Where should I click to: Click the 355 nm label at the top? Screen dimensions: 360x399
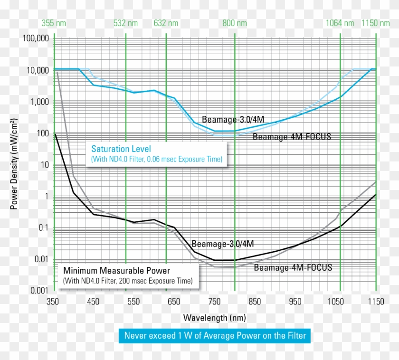54,23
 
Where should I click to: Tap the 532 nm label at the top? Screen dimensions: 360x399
126,23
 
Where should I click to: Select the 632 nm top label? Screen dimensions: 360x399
166,23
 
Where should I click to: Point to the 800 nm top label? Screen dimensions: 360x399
235,23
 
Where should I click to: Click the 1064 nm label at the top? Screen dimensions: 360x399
340,23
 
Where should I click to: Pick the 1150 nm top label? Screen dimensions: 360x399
376,23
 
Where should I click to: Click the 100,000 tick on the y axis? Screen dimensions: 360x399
36,38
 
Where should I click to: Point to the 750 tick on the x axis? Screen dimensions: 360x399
215,301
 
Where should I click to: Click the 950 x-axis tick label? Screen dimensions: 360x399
295,301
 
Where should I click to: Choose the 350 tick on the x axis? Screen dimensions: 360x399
53,301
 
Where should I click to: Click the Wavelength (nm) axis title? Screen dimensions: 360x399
214,317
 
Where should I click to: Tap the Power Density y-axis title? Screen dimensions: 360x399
14,164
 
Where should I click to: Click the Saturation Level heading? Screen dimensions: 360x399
121,149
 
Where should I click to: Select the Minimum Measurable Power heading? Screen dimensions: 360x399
117,271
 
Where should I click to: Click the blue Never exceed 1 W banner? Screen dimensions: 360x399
215,336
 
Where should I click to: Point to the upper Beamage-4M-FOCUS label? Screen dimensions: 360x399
292,137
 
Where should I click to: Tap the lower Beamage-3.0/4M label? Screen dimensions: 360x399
223,244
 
